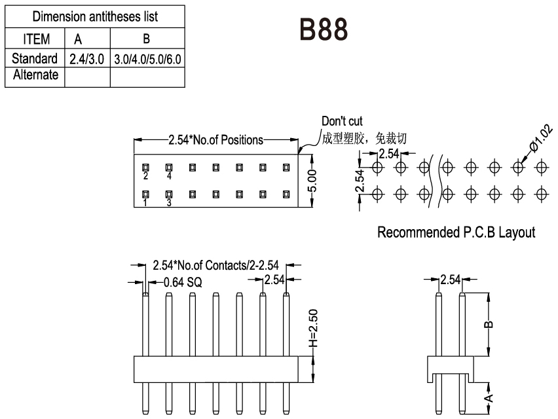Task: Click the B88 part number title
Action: tap(323, 29)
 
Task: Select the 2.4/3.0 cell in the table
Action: tap(87, 59)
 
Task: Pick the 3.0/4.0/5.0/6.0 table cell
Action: tap(147, 59)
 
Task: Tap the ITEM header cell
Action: tap(36, 39)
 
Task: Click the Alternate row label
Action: tap(35, 75)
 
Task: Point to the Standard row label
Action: tap(35, 59)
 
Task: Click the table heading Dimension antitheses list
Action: tap(95, 16)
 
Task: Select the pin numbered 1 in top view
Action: tap(145, 194)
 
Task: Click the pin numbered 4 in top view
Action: tap(169, 168)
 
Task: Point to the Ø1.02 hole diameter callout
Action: tap(541, 139)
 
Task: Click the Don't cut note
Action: tap(342, 122)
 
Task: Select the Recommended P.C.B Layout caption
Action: tap(456, 232)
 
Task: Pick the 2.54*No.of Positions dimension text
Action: tap(215, 139)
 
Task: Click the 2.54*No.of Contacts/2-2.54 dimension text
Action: tap(215, 266)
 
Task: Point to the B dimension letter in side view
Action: tap(491, 324)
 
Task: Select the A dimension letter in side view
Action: tap(491, 397)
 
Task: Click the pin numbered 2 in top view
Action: tap(145, 168)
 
